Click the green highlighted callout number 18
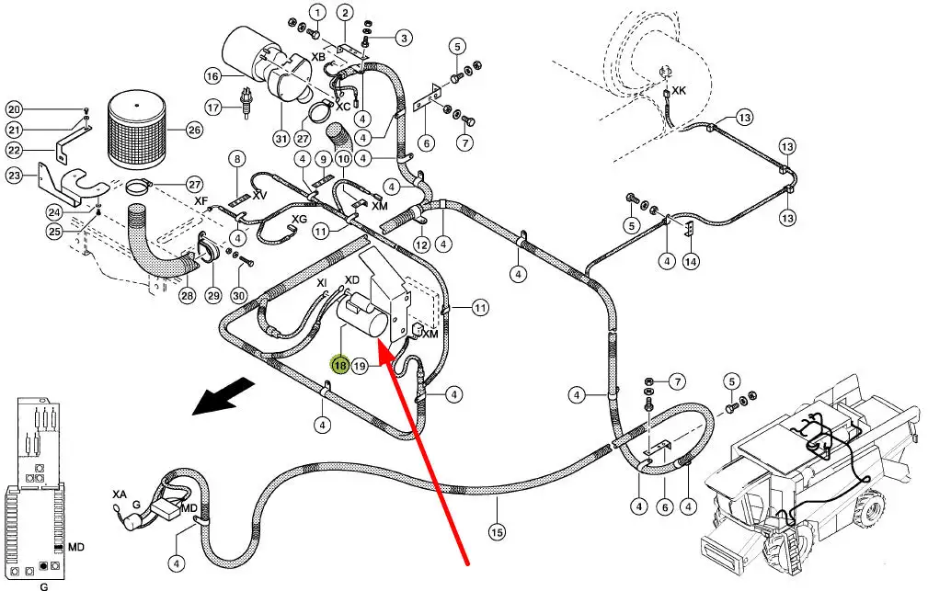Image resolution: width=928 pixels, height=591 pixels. pyautogui.click(x=340, y=366)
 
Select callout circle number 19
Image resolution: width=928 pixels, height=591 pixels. pyautogui.click(x=360, y=366)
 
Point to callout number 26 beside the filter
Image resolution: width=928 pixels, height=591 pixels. pyautogui.click(x=193, y=130)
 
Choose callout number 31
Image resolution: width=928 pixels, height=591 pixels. pyautogui.click(x=281, y=138)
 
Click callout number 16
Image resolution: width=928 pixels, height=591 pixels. pyautogui.click(x=212, y=75)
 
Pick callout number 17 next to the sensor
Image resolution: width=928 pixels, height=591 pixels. pyautogui.click(x=213, y=108)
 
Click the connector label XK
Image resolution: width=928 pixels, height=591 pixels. pyautogui.click(x=679, y=91)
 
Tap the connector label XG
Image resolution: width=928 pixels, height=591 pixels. pyautogui.click(x=299, y=219)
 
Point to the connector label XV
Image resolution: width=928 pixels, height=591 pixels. pyautogui.click(x=260, y=195)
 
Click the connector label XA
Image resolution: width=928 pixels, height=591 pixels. pyautogui.click(x=120, y=494)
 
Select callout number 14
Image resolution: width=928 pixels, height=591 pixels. pyautogui.click(x=691, y=261)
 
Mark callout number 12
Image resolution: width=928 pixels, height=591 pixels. pyautogui.click(x=421, y=245)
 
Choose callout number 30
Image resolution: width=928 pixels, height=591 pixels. pyautogui.click(x=239, y=295)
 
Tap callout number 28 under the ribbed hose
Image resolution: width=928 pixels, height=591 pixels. pyautogui.click(x=187, y=295)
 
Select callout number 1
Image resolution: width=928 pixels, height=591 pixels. pyautogui.click(x=317, y=12)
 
